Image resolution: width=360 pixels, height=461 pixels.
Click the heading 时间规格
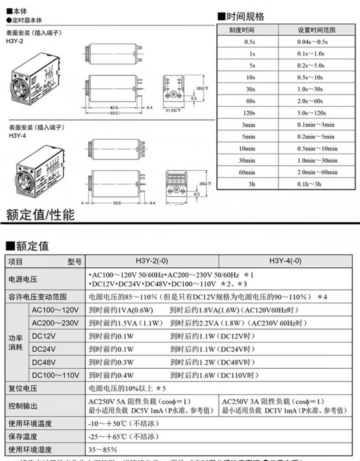click(241, 17)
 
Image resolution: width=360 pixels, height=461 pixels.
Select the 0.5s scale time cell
click(249, 42)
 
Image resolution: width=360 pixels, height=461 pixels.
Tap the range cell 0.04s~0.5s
click(312, 42)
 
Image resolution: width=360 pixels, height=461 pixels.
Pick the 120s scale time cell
click(249, 113)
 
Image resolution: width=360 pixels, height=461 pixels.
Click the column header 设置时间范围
click(317, 30)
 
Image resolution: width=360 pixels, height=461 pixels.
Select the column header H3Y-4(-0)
click(285, 261)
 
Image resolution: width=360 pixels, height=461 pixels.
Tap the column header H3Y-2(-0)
click(152, 261)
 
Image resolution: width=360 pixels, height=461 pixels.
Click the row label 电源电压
click(23, 279)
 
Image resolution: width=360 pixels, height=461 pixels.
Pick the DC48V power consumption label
click(44, 362)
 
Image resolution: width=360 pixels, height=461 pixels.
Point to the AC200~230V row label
click(55, 323)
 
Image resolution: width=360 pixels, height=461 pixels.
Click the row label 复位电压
click(23, 388)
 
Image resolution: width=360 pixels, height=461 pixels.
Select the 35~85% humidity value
click(103, 450)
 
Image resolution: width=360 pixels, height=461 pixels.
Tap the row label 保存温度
click(23, 437)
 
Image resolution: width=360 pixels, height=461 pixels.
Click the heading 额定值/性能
click(40, 215)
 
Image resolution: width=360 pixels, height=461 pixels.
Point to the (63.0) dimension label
click(115, 113)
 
